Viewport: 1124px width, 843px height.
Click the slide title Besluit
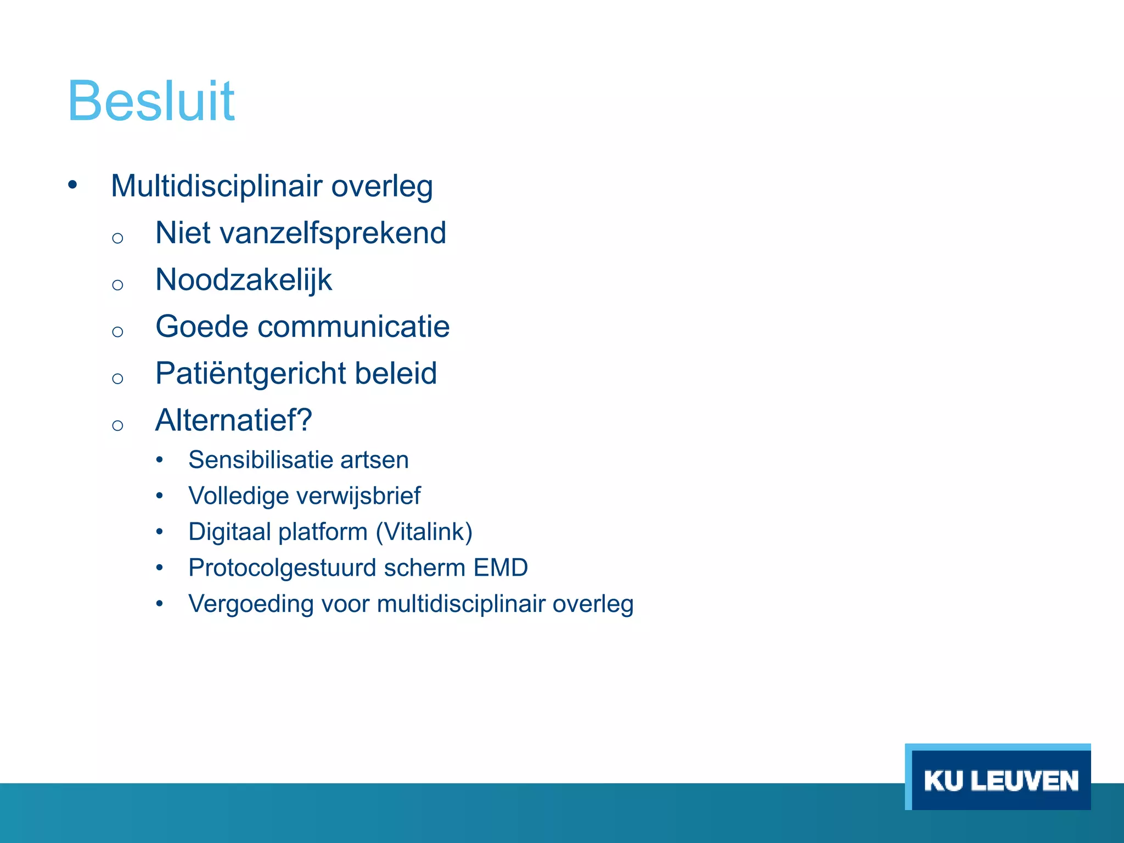point(151,101)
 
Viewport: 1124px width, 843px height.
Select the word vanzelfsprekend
point(333,233)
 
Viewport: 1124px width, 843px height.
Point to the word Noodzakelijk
point(244,280)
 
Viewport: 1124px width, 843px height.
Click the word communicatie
point(353,327)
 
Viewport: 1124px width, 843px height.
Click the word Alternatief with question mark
point(234,420)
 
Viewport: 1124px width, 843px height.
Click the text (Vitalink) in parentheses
point(424,532)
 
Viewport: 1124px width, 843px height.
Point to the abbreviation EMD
point(500,567)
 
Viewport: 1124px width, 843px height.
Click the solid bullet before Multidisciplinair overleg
point(72,186)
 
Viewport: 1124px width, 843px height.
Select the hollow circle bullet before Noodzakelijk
point(117,284)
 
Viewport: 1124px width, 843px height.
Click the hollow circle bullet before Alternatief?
point(117,425)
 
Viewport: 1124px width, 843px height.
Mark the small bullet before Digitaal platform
point(159,531)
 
